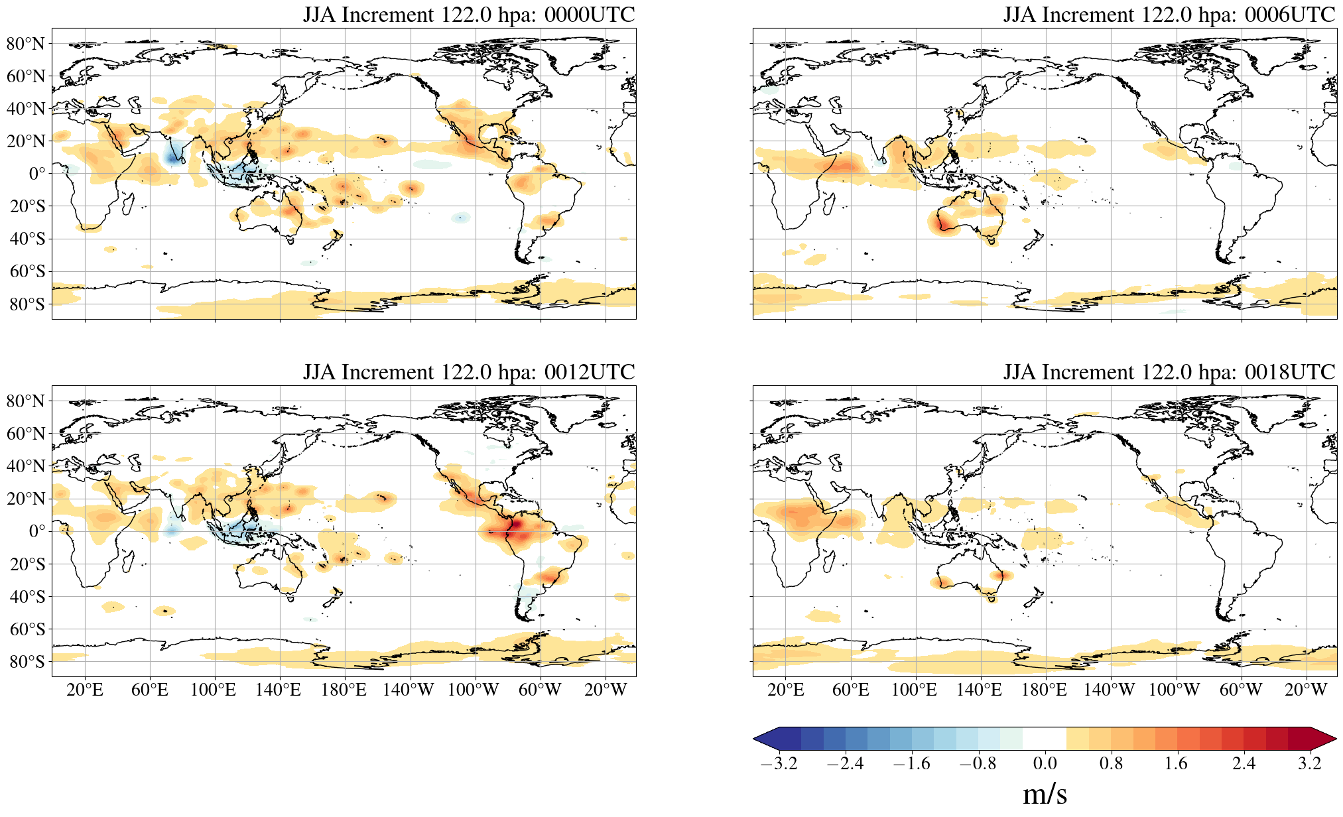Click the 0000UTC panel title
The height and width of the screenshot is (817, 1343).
(469, 15)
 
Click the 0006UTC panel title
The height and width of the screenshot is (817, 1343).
(1169, 15)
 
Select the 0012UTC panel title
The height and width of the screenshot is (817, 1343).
(469, 372)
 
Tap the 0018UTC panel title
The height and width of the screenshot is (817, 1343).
(1169, 372)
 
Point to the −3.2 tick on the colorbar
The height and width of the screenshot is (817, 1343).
(779, 763)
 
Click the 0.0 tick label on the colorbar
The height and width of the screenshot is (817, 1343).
(1045, 763)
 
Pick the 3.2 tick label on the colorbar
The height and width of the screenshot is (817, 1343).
(1310, 763)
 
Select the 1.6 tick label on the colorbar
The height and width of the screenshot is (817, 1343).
(1177, 763)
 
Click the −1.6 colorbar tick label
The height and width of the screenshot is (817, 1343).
(911, 763)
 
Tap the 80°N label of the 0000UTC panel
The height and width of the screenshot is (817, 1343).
(26, 44)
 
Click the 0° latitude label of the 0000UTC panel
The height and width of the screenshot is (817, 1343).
(37, 174)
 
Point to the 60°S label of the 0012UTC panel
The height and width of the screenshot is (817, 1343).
(27, 629)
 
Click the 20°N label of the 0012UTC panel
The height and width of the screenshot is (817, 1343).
(26, 499)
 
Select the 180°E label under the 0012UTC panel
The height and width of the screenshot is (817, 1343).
(344, 690)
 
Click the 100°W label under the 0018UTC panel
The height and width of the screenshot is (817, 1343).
(1174, 690)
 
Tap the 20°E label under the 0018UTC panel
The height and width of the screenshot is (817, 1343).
(786, 690)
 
